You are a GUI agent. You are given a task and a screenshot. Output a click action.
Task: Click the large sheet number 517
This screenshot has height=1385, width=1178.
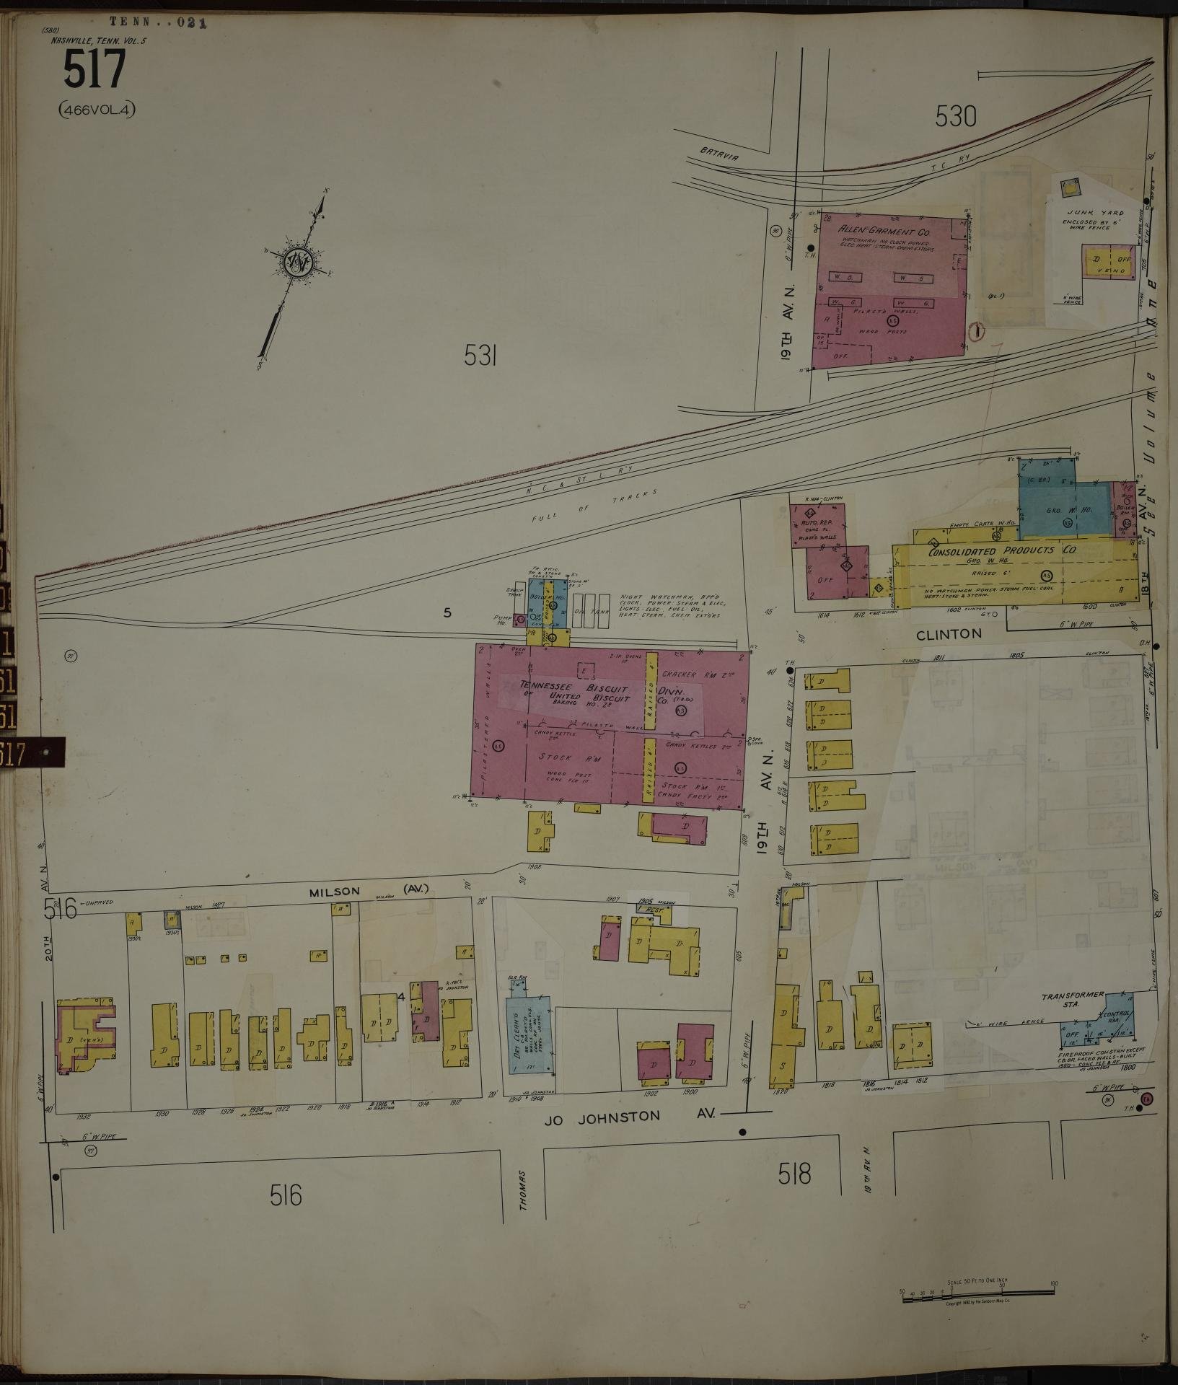pos(94,71)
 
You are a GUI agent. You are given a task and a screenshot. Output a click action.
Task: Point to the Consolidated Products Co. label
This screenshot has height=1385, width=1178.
pos(1002,550)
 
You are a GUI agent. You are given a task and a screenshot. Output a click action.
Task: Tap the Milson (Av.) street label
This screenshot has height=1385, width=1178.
pos(368,891)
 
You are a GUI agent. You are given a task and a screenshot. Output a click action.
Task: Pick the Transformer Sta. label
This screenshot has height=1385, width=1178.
pos(1073,999)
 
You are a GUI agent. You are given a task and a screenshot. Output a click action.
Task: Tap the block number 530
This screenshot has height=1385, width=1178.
pos(955,115)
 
